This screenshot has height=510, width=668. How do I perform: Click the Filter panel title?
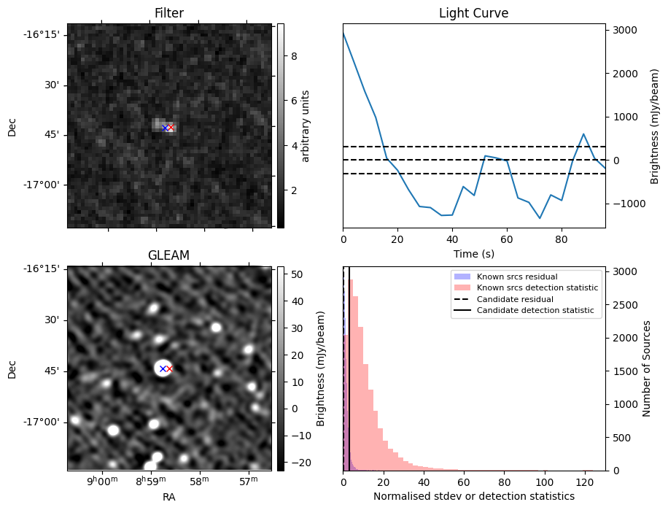[x=169, y=13]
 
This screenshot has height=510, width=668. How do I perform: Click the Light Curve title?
[x=473, y=13]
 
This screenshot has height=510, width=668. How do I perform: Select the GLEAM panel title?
[x=169, y=255]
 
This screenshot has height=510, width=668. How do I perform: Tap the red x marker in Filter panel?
[x=171, y=128]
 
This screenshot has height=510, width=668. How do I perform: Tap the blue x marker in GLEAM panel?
[x=163, y=369]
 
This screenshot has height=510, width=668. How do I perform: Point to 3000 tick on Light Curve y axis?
[x=626, y=30]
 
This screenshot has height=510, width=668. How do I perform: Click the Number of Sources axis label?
[x=646, y=368]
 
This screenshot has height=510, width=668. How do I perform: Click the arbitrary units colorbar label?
[x=306, y=125]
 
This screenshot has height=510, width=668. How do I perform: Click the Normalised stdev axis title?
[x=473, y=496]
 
